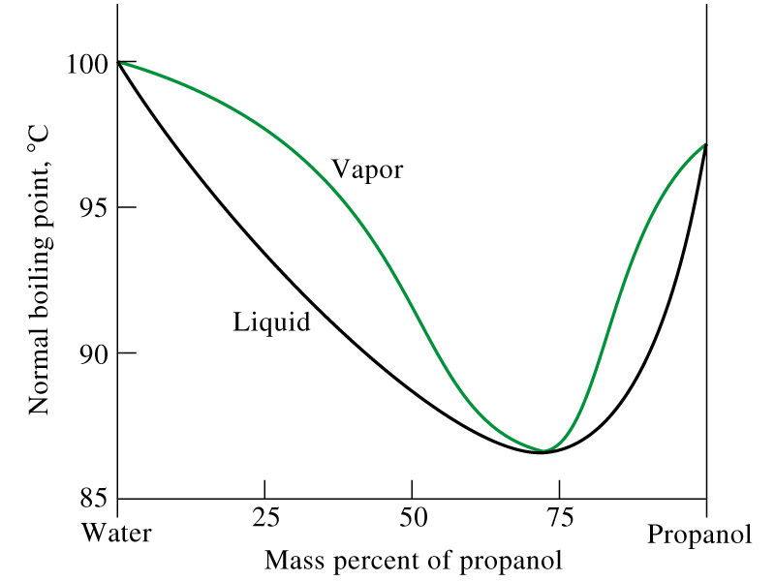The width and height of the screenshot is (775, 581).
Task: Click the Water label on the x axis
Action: (116, 533)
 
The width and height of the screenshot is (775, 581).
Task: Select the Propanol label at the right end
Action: (698, 535)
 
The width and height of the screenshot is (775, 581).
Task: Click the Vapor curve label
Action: (366, 169)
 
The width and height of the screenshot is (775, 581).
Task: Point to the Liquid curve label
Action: (271, 321)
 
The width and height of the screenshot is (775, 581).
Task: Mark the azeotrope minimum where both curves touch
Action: (544, 451)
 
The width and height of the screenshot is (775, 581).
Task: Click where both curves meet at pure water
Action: (117, 62)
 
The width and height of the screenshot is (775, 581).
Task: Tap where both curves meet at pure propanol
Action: (705, 144)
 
